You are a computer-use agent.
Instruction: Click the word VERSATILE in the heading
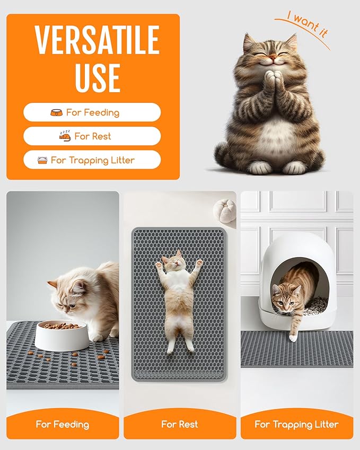click(x=97, y=40)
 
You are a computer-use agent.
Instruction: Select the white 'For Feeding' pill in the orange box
click(x=92, y=112)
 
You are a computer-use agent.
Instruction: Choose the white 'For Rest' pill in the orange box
click(x=92, y=136)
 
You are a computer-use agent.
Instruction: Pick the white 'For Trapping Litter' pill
click(x=92, y=160)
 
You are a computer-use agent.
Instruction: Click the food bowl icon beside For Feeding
click(x=56, y=112)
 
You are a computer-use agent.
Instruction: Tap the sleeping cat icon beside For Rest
click(x=64, y=136)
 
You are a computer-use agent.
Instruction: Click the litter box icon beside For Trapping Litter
click(x=42, y=160)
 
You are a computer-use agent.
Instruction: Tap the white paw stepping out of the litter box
click(x=293, y=337)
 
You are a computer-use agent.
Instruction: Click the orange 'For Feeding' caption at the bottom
click(x=63, y=424)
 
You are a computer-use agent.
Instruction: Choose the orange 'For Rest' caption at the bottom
click(x=180, y=424)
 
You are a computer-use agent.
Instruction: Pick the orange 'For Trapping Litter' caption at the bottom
click(x=296, y=424)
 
